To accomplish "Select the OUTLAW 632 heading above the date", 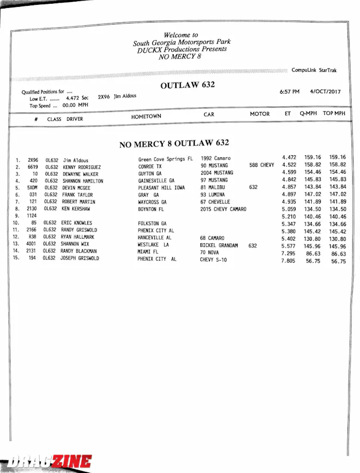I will coord(187,85).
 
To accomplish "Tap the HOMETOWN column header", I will coord(146,117).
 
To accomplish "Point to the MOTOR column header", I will coord(260,114).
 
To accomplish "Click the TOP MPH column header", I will coord(334,113).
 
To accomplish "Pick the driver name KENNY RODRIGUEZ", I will coord(82,167).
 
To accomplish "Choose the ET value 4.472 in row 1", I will coord(289,157).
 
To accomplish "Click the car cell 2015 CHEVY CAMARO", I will coord(223,209).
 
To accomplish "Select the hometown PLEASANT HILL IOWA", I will coord(161,188).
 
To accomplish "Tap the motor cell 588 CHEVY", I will coord(262,165).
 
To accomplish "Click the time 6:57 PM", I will coord(290,92).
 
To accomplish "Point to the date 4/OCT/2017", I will coord(325,92).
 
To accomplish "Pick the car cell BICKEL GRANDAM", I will coord(219,245).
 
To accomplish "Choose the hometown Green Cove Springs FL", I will coord(165,159).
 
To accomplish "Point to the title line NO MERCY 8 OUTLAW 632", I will coord(174,144).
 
